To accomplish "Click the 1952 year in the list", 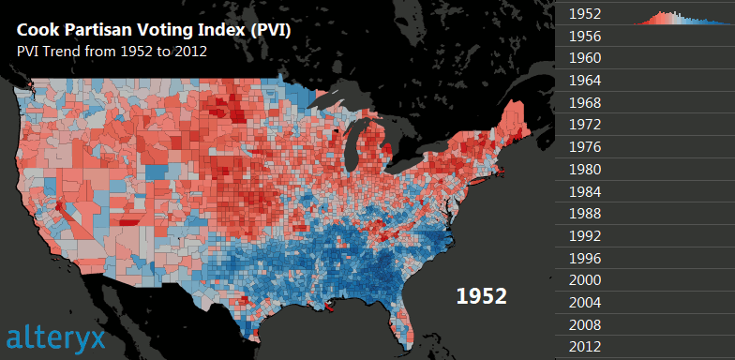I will (x=585, y=15).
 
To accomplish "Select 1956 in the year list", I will (x=585, y=37).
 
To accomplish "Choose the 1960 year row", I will (x=585, y=58).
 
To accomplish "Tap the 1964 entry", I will (x=585, y=81).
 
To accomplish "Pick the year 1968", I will (x=585, y=102).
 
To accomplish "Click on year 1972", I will (x=585, y=124).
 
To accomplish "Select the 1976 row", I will (x=585, y=146).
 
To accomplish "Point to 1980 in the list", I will (x=585, y=170).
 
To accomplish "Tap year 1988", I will (x=585, y=214).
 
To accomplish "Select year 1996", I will (x=585, y=258).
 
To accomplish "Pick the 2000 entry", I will (x=585, y=280).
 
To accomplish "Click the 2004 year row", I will (x=585, y=303).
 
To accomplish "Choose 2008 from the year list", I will (x=585, y=325).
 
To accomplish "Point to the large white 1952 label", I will (x=481, y=296).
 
